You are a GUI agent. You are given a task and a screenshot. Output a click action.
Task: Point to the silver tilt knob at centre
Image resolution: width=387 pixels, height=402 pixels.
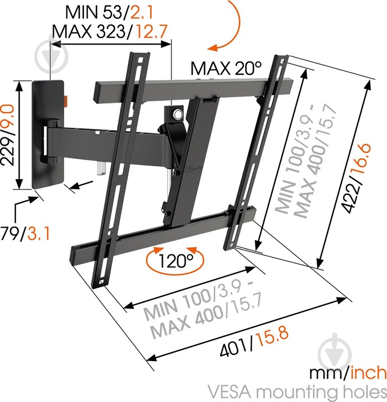[177, 114]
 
